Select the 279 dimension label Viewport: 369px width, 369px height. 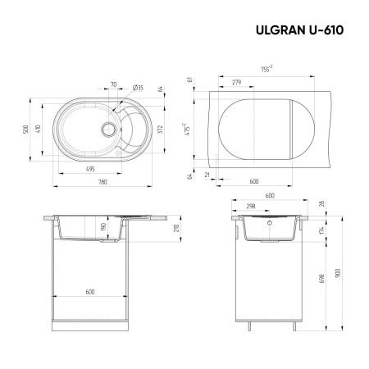(237, 82)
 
